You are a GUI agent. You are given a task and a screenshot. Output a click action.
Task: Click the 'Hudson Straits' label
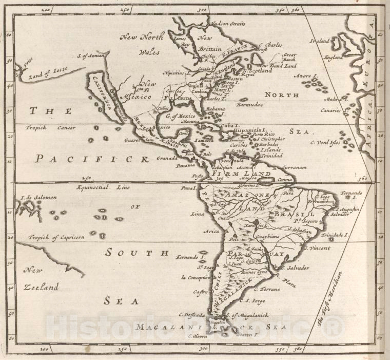228,24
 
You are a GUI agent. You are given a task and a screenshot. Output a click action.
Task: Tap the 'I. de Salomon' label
38,197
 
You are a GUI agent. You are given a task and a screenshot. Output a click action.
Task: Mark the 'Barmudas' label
249,104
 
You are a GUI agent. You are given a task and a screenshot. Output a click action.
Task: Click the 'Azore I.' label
306,75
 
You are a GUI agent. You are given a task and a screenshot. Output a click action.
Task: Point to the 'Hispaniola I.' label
250,130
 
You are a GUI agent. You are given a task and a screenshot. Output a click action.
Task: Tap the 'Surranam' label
294,167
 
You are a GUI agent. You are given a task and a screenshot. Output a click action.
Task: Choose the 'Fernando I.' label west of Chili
190,256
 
